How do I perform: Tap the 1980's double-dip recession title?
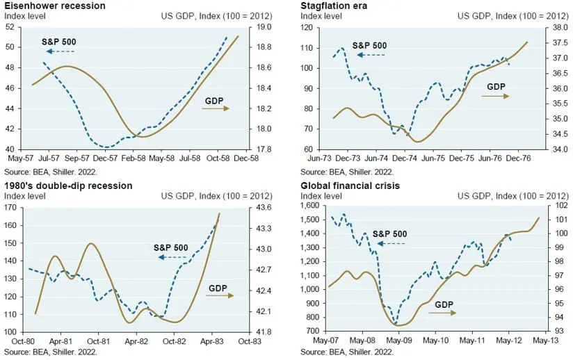[68, 186]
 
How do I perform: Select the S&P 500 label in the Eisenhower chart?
[59, 41]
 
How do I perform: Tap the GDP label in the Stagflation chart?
[497, 86]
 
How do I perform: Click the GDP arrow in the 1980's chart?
[221, 295]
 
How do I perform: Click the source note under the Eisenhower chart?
[51, 170]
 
